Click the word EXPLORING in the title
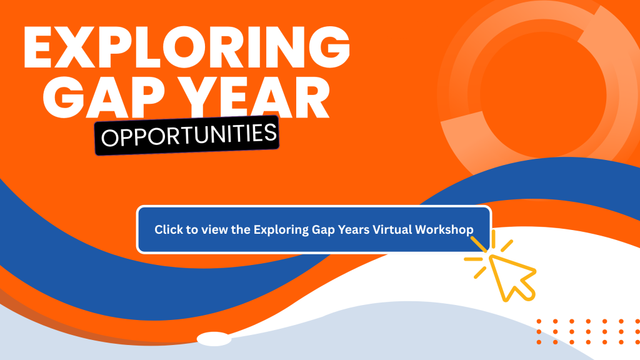pyautogui.click(x=186, y=47)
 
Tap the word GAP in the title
pyautogui.click(x=104, y=97)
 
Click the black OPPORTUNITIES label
pyautogui.click(x=187, y=135)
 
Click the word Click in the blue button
pyautogui.click(x=169, y=229)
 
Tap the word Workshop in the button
pyautogui.click(x=444, y=229)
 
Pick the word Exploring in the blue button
pyautogui.click(x=281, y=230)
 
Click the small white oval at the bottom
pyautogui.click(x=214, y=339)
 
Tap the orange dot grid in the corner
pyautogui.click(x=587, y=331)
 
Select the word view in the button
pyautogui.click(x=215, y=230)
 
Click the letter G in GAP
pyautogui.click(x=63, y=97)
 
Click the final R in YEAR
pyautogui.click(x=311, y=97)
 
